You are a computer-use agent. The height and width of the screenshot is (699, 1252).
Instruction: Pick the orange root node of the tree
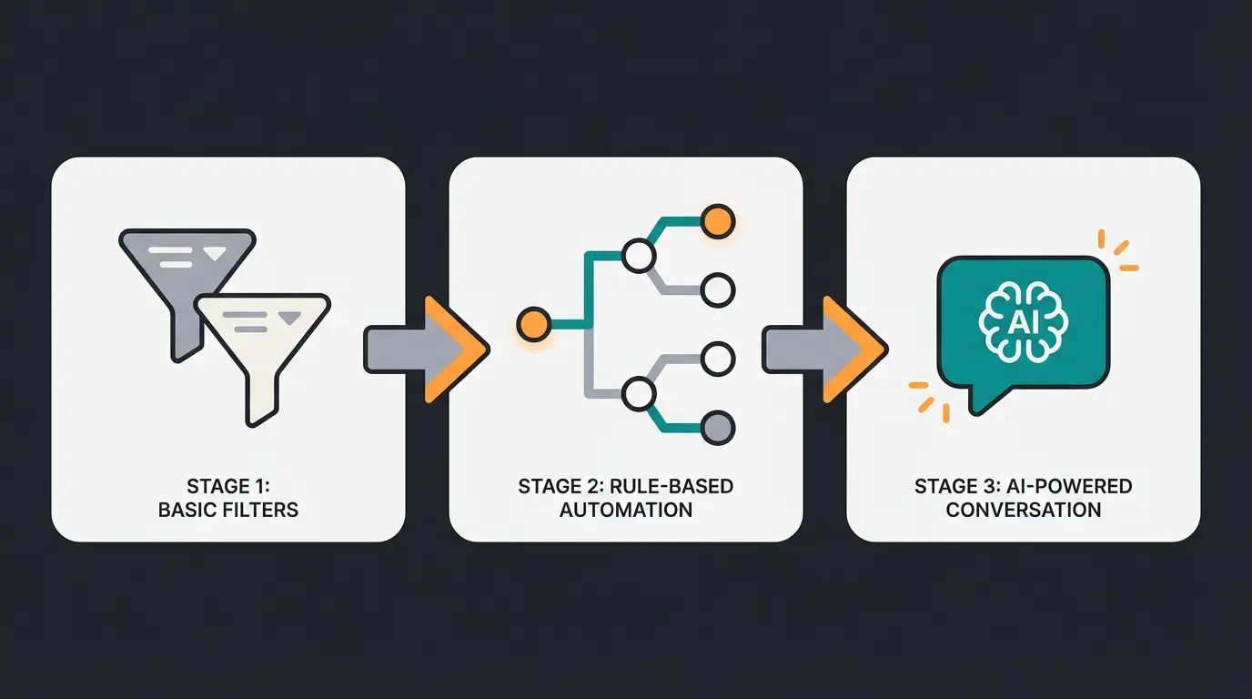point(532,323)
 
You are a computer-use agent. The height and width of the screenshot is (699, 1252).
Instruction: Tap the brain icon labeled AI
point(1024,321)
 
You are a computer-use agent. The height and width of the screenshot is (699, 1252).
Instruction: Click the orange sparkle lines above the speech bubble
point(1117,250)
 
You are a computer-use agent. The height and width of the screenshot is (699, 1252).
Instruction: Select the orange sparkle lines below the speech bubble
point(930,400)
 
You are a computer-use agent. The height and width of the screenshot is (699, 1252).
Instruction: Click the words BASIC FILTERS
point(228,510)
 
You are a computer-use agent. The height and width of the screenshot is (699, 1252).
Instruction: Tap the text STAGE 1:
point(228,486)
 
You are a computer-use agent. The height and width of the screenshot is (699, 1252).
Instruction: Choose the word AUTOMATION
point(626,510)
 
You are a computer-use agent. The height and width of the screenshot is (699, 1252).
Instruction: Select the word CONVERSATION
point(1024,510)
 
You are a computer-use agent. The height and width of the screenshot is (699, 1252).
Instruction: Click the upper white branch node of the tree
point(639,256)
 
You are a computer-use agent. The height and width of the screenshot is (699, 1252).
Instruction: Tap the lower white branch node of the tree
point(639,394)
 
